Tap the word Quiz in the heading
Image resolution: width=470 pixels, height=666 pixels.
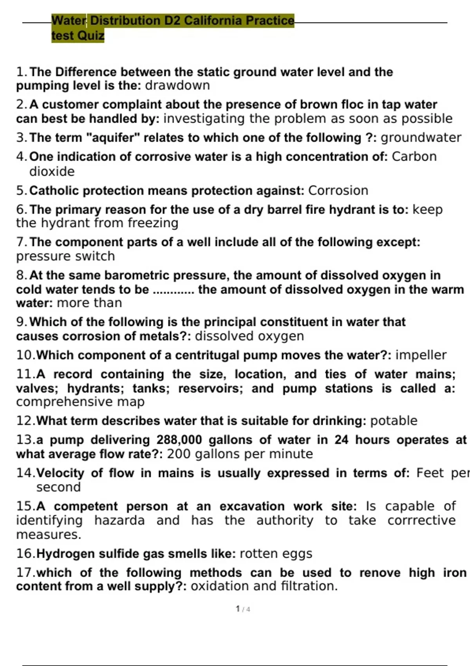91,36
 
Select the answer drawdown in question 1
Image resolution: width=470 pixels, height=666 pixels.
177,85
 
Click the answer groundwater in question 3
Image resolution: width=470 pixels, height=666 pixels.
421,138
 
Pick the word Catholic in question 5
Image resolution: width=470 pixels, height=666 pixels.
54,190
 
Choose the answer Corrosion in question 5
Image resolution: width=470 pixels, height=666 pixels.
338,190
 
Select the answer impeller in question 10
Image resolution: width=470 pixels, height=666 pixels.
421,355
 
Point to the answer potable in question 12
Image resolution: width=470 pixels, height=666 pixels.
394,421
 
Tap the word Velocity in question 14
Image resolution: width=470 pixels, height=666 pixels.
60,473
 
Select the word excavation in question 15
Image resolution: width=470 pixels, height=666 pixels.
252,506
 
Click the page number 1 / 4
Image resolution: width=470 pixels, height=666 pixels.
243,609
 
